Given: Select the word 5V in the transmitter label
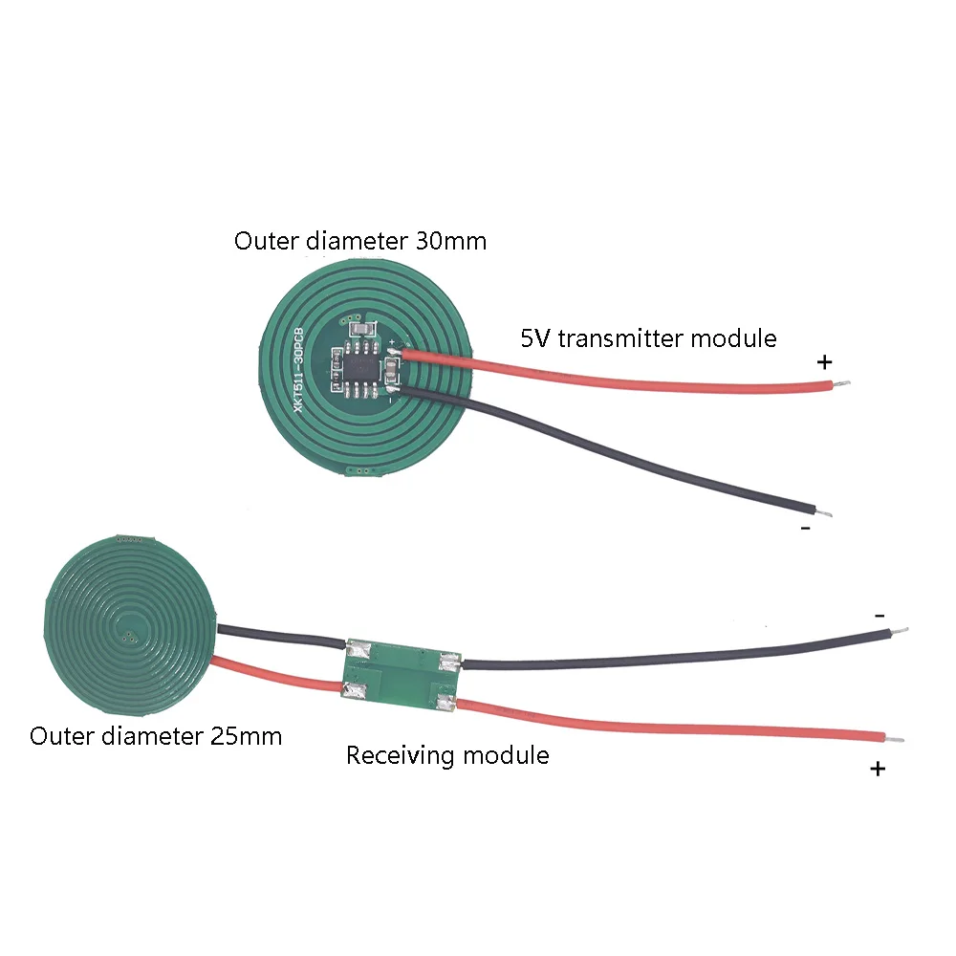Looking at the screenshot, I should [x=537, y=337].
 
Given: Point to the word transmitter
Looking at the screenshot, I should [x=621, y=337].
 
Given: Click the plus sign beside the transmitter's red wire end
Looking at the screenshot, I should [x=825, y=362].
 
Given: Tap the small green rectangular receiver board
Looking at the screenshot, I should [x=402, y=674].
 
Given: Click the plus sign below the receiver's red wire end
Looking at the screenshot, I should [x=878, y=769].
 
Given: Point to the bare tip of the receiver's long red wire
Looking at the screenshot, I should [x=896, y=740].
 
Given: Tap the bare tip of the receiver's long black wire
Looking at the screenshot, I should [x=898, y=631].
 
